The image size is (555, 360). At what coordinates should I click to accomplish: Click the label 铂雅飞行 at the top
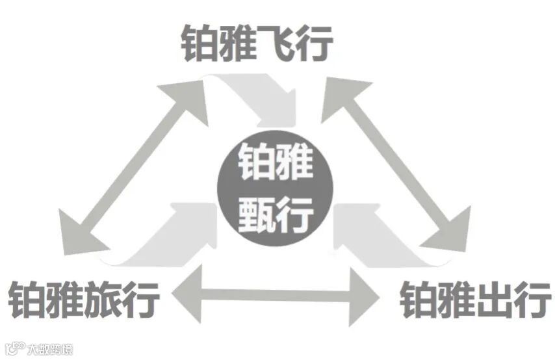[x=257, y=44]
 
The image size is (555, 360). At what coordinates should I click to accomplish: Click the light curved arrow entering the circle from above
[x=260, y=97]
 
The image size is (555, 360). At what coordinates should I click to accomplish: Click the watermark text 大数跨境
[x=50, y=349]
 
